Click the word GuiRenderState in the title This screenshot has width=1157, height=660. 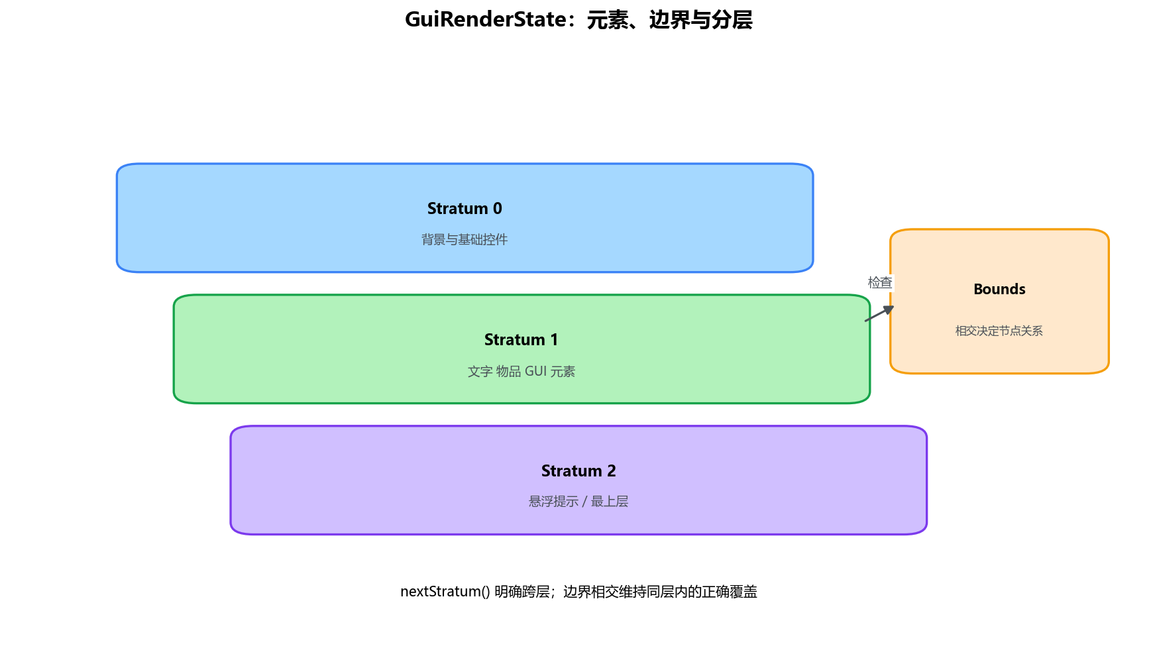tap(486, 19)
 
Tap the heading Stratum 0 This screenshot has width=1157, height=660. tap(465, 208)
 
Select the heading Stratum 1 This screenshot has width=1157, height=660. tap(522, 339)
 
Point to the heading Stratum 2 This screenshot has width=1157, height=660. tap(578, 470)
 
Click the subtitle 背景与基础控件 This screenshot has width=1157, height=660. tap(465, 239)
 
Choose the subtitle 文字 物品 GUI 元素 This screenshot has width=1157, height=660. tap(522, 371)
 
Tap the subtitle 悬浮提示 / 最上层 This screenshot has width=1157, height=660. tap(578, 502)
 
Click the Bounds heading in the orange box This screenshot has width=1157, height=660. tap(999, 289)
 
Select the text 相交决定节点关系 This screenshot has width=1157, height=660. tap(999, 331)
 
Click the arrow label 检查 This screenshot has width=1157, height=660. tap(880, 282)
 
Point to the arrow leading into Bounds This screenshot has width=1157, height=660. tap(879, 313)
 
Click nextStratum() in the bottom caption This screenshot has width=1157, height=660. tap(445, 591)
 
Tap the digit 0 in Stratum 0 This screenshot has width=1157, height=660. tap(498, 208)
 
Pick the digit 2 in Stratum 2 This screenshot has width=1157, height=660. tap(612, 470)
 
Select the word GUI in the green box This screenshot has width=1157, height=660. tap(535, 371)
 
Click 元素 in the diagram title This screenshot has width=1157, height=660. tap(607, 20)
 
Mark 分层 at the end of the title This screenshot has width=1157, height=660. tap(732, 20)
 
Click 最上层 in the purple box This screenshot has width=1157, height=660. tap(610, 502)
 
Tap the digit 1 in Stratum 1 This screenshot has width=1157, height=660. tap(554, 339)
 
